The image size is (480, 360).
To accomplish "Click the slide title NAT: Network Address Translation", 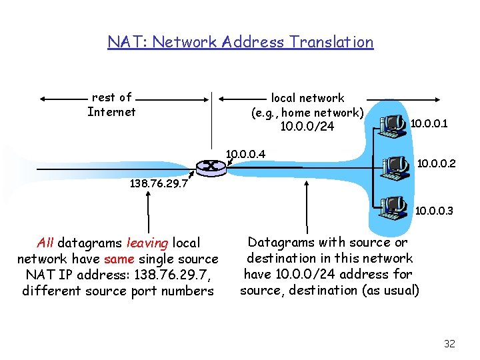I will click(x=240, y=42).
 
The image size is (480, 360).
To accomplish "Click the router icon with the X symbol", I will click(x=211, y=167).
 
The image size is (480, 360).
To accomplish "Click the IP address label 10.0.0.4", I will click(x=246, y=154).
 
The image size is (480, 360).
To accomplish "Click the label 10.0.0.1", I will click(x=429, y=123).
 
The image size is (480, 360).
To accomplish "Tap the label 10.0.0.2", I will click(x=436, y=162).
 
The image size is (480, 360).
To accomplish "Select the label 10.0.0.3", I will click(x=434, y=211).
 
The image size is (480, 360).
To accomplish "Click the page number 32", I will click(x=449, y=344).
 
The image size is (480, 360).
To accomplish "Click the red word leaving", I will click(x=147, y=243).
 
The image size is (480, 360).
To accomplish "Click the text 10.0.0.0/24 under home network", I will click(x=307, y=127).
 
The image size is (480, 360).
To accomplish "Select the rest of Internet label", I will click(x=111, y=105).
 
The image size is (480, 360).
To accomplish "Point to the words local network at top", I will click(x=307, y=98).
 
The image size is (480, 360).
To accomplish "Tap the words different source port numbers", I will click(x=118, y=291).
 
